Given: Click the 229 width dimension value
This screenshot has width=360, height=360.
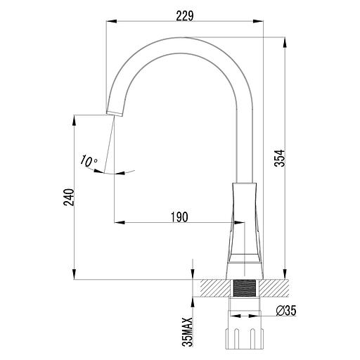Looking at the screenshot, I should [x=184, y=13].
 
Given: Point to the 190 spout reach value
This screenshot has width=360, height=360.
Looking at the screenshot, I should [x=179, y=217].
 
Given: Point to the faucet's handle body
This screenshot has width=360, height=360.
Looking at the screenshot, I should [x=244, y=225].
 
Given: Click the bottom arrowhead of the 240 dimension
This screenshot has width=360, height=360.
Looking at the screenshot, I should [x=75, y=275].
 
